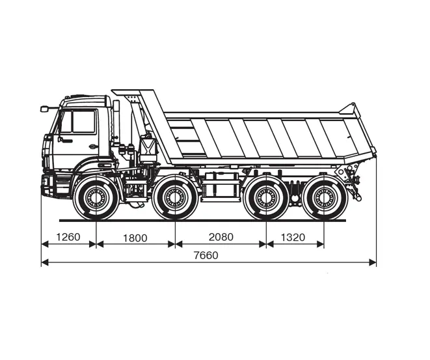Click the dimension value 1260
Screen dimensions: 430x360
(x=68, y=237)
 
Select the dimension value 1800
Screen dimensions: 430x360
(x=135, y=238)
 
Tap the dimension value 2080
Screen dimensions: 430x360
(x=221, y=237)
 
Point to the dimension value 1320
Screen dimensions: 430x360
(x=293, y=237)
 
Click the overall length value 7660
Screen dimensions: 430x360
(x=206, y=255)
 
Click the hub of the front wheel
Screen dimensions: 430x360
(x=96, y=197)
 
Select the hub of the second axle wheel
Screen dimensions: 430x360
(x=175, y=197)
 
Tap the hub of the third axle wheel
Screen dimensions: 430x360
(x=266, y=197)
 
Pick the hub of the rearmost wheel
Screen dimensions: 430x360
(x=324, y=197)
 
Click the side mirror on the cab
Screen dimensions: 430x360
(x=44, y=109)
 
